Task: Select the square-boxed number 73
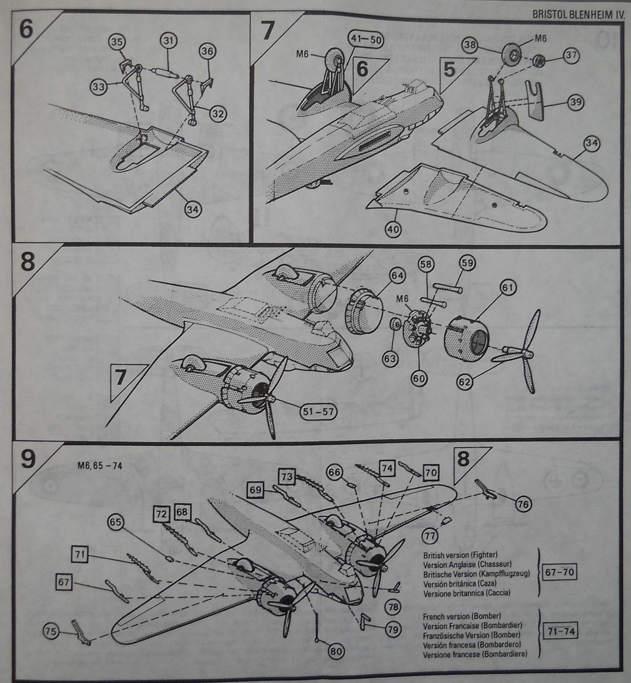[x=287, y=475]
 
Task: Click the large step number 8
[x=27, y=261]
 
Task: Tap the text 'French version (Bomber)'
[x=453, y=616]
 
